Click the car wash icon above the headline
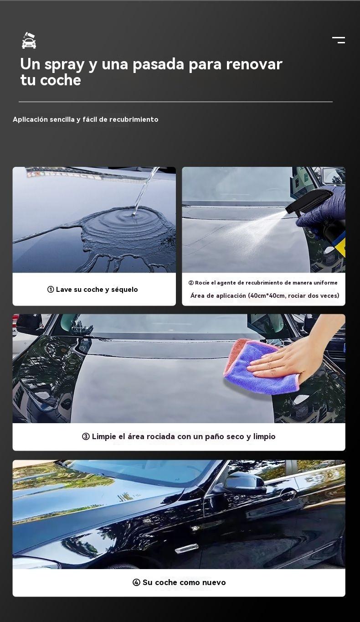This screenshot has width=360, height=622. tap(29, 41)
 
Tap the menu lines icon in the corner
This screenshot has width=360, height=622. tap(339, 40)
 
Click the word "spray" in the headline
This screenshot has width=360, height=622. tap(64, 65)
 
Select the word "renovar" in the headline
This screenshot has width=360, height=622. tap(254, 64)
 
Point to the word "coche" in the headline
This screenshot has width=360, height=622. tap(60, 80)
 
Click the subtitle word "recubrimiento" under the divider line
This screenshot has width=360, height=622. tap(134, 119)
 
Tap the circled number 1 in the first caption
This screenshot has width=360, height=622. tap(51, 290)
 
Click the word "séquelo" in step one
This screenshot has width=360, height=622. tap(124, 290)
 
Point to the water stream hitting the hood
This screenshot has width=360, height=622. tap(144, 191)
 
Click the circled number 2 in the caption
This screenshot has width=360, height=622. tap(191, 283)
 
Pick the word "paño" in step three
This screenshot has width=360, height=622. tap(215, 436)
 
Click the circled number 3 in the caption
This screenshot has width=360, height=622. tap(86, 436)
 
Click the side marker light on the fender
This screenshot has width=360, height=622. tap(186, 548)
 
